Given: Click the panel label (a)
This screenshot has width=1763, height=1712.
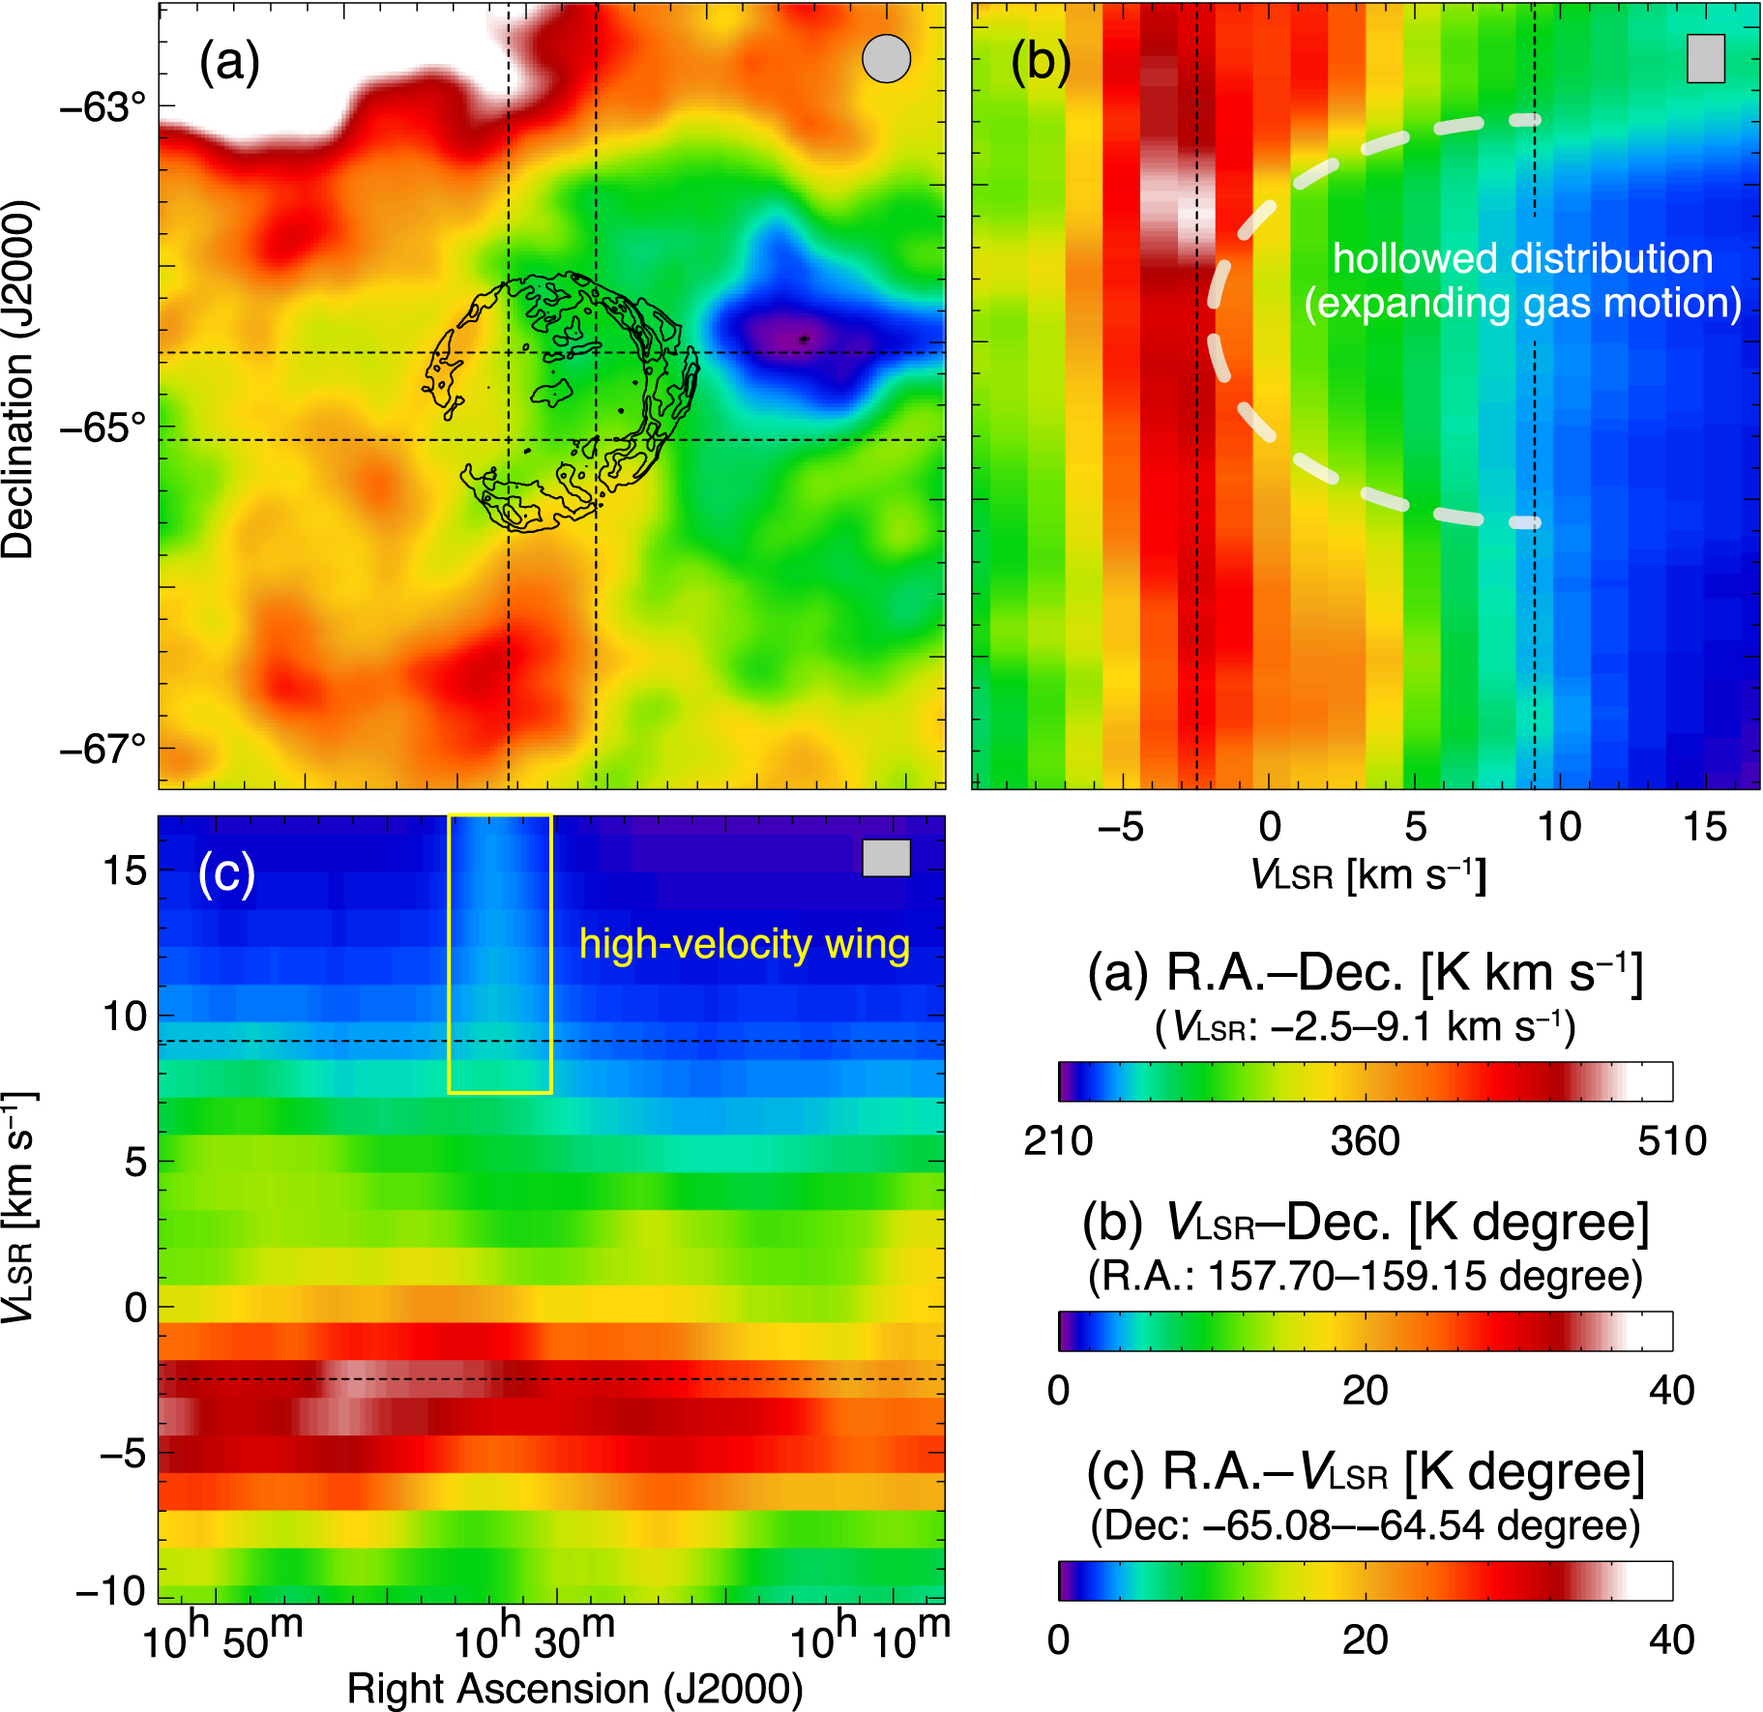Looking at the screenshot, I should pos(229,64).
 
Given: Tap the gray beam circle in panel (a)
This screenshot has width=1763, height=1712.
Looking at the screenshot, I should pos(886,59).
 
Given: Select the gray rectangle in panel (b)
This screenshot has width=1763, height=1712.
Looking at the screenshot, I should pos(1705,59).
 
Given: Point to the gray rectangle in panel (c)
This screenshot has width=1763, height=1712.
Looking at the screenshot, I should pos(886,858).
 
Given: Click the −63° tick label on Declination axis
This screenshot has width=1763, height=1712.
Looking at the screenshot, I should pos(103,106).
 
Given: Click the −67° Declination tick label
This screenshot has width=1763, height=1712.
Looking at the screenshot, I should pos(103,749).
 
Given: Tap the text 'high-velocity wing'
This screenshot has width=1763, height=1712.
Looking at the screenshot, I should pos(744,944).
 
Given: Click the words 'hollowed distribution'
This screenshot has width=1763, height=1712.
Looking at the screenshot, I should pos(1522,259).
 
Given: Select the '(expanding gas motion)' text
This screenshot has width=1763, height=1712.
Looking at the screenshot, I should pos(1522,304).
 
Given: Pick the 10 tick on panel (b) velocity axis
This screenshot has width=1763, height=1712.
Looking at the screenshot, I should pos(1559,827).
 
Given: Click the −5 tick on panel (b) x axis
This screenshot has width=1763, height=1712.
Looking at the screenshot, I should pos(1120,827).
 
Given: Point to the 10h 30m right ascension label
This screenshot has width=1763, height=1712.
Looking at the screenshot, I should pos(533,1638).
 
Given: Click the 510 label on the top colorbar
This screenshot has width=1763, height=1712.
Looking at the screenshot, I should pos(1671,1141).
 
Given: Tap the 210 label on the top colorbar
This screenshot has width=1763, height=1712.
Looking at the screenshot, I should pos(1058,1141).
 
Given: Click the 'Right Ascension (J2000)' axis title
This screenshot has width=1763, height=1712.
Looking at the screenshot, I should pos(574,1689).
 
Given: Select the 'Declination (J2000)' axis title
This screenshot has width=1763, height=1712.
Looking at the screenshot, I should pos(17,379).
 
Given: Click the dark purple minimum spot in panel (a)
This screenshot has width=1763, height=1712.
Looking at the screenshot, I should pos(804,339).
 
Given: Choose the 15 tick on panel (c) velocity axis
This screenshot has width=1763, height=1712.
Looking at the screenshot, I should pos(125,871).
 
